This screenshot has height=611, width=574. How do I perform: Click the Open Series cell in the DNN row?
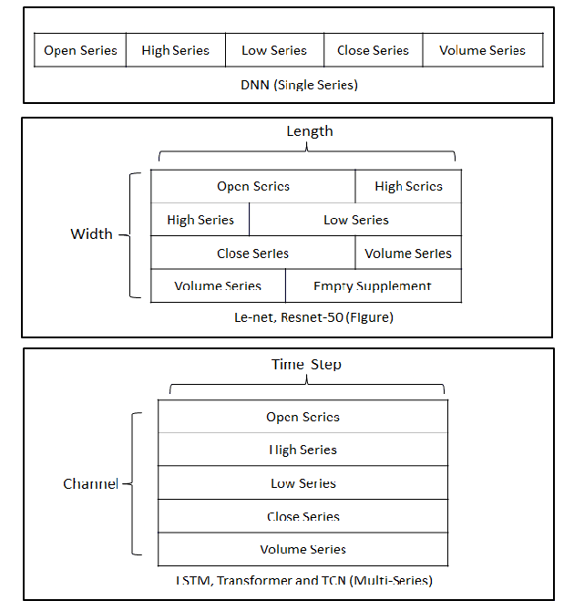tap(80, 50)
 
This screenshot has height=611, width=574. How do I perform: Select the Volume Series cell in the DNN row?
tap(482, 50)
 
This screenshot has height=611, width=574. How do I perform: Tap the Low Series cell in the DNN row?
tap(274, 50)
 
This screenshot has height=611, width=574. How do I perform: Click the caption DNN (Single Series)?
tap(287, 85)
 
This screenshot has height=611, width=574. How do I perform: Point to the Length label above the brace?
tap(310, 131)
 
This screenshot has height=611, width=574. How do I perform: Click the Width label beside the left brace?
tap(91, 234)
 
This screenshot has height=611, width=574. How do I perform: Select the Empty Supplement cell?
tap(373, 286)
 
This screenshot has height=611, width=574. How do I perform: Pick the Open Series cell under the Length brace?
tap(253, 186)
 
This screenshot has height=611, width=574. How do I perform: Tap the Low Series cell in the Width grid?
tap(355, 220)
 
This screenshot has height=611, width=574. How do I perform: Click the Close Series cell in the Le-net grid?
tap(253, 254)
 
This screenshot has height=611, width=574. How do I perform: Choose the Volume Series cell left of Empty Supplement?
tap(218, 286)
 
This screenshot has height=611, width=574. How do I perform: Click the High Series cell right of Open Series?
tap(408, 186)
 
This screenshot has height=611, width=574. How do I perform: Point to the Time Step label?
tap(306, 365)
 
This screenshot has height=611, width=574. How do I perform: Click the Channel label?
tap(90, 484)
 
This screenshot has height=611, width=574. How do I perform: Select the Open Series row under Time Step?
tap(302, 417)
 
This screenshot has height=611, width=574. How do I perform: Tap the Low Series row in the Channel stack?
tap(302, 483)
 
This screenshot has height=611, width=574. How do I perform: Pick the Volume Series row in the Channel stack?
tap(302, 549)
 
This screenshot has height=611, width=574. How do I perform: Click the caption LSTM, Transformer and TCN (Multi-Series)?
tap(302, 581)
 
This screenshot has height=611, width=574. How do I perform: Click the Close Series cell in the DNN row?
tap(373, 50)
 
